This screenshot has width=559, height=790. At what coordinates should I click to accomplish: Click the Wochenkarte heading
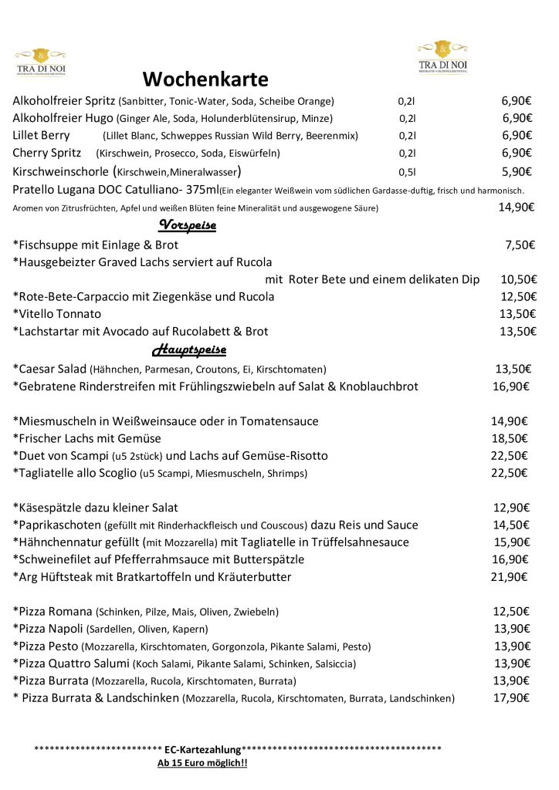(x=205, y=79)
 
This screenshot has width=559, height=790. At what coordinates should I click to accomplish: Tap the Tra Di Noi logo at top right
(x=442, y=59)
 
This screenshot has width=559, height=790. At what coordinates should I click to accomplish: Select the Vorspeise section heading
(x=187, y=225)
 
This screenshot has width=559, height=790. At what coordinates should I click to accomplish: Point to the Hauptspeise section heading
(x=189, y=350)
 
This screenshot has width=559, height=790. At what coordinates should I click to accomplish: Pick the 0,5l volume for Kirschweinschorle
(x=407, y=171)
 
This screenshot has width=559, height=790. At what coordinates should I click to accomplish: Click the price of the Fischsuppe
(x=520, y=245)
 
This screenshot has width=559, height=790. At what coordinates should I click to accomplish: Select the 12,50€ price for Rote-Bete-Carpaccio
(x=518, y=297)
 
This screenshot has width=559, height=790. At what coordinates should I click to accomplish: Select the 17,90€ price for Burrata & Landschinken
(x=512, y=698)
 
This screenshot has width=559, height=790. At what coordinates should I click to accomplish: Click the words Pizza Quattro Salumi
(x=72, y=663)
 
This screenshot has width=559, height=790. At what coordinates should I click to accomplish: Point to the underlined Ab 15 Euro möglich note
(x=202, y=764)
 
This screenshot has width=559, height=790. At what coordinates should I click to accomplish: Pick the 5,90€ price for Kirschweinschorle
(x=517, y=171)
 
